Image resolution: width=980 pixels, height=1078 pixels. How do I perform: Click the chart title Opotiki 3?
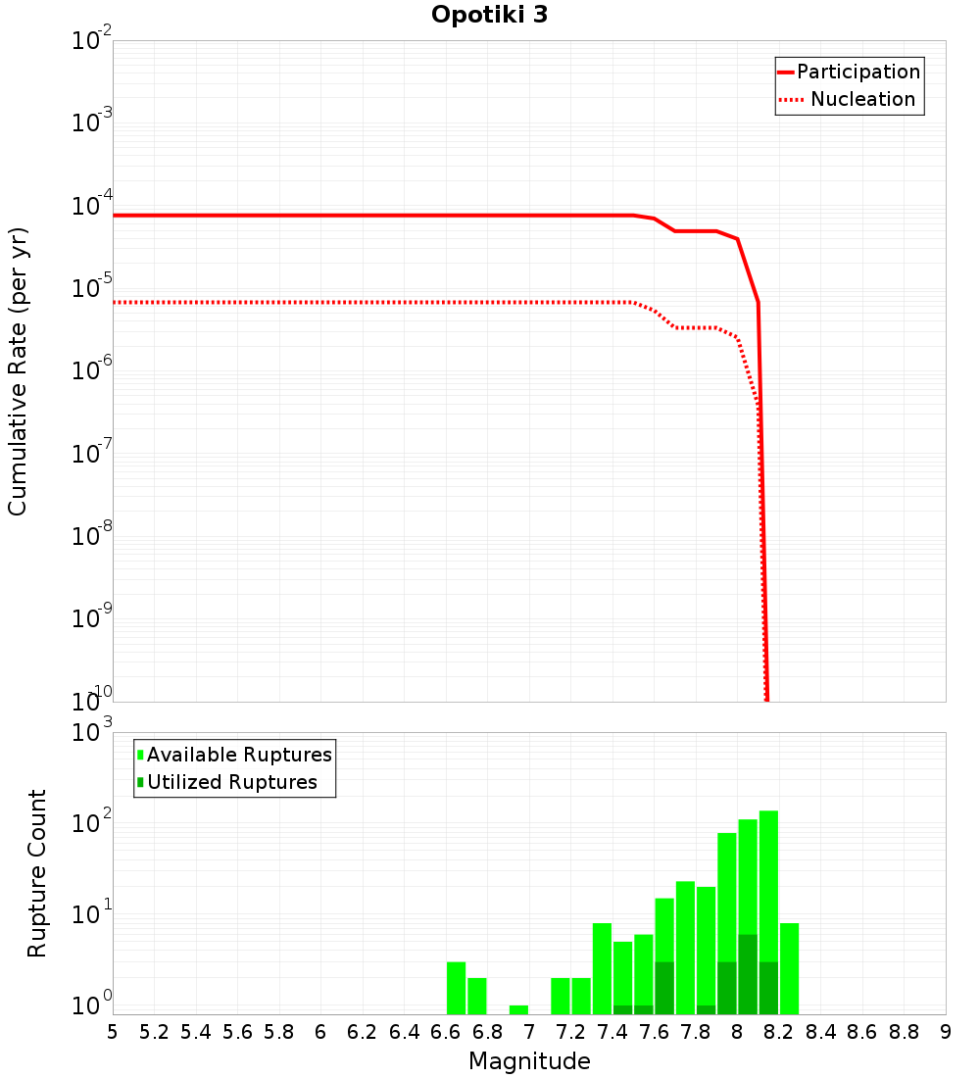(489, 16)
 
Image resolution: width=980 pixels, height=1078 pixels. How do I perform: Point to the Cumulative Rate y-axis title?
(19, 370)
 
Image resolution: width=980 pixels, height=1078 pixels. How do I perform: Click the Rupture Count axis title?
(37, 872)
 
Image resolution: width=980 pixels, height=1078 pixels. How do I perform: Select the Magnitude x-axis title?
(529, 1060)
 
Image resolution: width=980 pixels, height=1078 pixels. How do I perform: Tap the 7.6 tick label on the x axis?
(654, 1032)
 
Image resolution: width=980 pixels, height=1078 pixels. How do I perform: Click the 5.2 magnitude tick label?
(155, 1032)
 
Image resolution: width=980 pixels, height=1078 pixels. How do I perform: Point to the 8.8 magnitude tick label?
(904, 1032)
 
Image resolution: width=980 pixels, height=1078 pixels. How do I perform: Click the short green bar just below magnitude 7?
(518, 1009)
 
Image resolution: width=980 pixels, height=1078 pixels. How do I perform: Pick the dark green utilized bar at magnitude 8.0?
(748, 974)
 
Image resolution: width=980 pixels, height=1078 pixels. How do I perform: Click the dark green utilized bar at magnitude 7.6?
(664, 988)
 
